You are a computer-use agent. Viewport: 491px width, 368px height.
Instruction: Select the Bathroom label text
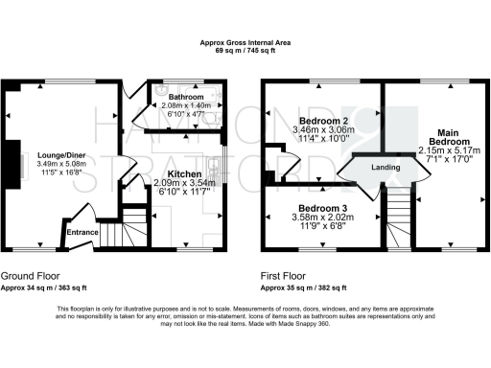182,98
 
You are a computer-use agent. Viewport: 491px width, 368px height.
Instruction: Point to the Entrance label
81,230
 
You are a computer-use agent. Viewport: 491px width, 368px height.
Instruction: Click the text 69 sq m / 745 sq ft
245,49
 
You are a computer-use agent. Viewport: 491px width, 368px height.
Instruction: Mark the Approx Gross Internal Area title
245,41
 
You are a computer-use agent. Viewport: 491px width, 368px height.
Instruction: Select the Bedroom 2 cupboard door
282,164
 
